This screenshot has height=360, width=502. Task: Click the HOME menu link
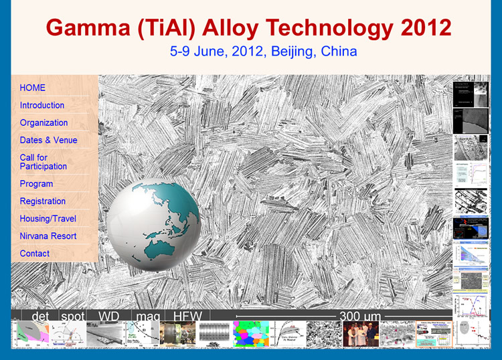[x=33, y=88]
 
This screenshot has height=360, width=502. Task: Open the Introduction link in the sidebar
[x=42, y=105]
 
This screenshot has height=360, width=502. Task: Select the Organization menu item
[x=44, y=122]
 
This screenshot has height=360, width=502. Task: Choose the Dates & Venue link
[x=48, y=140]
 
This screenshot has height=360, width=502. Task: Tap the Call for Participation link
[x=44, y=162]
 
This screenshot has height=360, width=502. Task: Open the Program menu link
[x=36, y=183]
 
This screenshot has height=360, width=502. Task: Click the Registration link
[x=43, y=201]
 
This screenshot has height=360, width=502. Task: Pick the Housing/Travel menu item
[x=48, y=218]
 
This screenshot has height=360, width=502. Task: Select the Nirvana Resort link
[x=48, y=236]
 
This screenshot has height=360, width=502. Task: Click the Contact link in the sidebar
[x=35, y=253]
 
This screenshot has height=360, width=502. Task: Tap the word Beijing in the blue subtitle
[x=292, y=51]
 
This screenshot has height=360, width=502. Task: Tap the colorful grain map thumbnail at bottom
[x=250, y=333]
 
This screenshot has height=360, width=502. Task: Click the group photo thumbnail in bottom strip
[x=361, y=333]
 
